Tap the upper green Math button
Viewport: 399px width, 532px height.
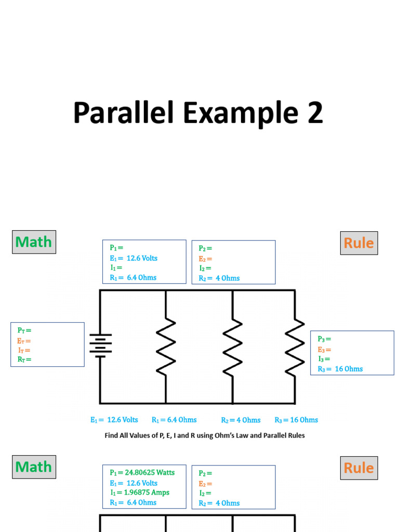point(34,242)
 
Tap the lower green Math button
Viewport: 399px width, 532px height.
point(34,467)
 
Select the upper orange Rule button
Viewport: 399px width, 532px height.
point(359,243)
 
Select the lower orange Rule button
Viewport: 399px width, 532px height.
point(359,468)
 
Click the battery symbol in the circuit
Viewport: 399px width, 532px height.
point(100,345)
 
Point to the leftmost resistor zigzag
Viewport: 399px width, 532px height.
point(166,347)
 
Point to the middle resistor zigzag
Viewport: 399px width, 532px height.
point(232,347)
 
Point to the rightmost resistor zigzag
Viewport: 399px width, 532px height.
point(295,347)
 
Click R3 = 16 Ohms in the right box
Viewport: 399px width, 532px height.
point(340,369)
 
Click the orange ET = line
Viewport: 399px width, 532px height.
point(24,341)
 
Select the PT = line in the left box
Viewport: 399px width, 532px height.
point(24,330)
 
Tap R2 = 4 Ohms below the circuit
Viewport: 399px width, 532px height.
point(241,420)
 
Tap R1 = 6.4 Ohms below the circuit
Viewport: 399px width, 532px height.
point(174,420)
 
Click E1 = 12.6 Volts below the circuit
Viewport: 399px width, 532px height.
point(114,420)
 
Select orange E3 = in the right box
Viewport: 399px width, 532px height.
point(324,350)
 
